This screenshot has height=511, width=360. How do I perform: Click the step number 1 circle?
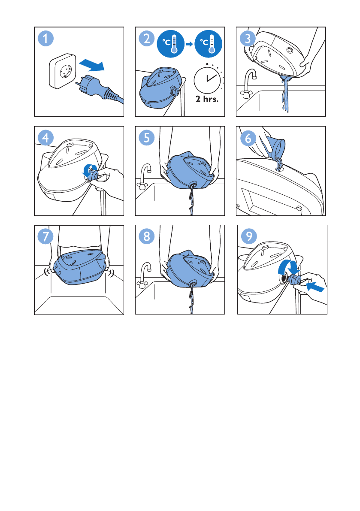point(45,39)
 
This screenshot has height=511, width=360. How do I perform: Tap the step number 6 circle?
point(248,138)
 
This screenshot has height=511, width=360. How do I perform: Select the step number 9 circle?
point(249,236)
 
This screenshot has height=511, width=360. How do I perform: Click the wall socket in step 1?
point(63,71)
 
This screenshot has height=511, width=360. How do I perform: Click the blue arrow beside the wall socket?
point(92,64)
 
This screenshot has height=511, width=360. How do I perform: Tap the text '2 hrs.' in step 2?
point(207,99)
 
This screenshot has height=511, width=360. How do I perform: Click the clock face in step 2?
point(208,79)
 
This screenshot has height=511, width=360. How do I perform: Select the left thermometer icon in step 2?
point(171,44)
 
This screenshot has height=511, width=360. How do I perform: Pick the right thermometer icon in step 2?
point(209,44)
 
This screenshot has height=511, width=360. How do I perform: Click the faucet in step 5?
point(144,176)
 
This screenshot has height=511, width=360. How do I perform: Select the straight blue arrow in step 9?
point(315,287)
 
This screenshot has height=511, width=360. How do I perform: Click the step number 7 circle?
point(45,236)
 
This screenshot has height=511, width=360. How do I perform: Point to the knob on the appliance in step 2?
point(175,91)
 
